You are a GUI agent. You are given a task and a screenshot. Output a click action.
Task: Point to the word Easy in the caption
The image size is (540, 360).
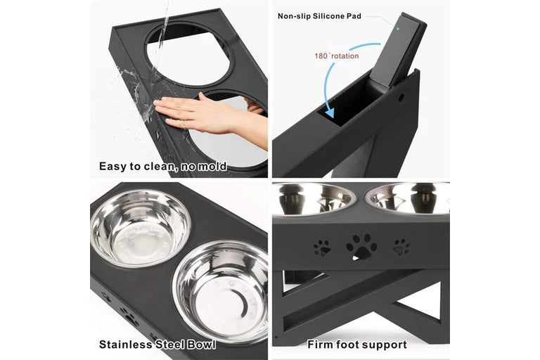(x=115, y=167)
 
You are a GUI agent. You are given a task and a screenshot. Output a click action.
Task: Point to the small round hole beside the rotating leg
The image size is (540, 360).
(x=401, y=96)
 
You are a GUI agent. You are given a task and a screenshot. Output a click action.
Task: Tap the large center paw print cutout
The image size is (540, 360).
(x=361, y=246)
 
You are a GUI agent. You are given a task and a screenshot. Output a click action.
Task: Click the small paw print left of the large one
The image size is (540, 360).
(x=322, y=247)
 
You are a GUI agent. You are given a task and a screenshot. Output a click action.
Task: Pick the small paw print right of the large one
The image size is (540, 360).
(x=401, y=246)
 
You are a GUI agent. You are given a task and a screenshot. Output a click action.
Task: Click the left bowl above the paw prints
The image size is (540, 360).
(x=314, y=198)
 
